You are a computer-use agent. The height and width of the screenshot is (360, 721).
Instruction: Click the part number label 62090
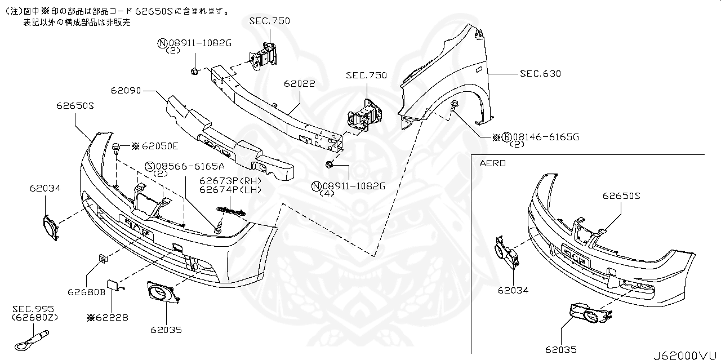pos(126,90)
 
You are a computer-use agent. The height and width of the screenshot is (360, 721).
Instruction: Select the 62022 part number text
pos(299,83)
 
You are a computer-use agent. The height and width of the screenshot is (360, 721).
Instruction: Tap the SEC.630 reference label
pos(540,74)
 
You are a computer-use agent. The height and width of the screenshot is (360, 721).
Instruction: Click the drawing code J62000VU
pos(686,355)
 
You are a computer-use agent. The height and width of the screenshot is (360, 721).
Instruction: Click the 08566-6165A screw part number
pos(190,166)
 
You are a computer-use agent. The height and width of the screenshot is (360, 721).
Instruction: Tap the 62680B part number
pos(87,292)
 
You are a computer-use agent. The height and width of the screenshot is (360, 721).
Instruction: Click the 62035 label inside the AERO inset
pos(560,349)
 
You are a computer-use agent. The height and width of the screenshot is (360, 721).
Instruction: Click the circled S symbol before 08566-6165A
pos(150,166)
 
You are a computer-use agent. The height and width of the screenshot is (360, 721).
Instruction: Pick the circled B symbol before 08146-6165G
pos(506,137)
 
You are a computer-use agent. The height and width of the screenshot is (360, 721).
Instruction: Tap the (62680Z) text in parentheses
pos(35,317)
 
